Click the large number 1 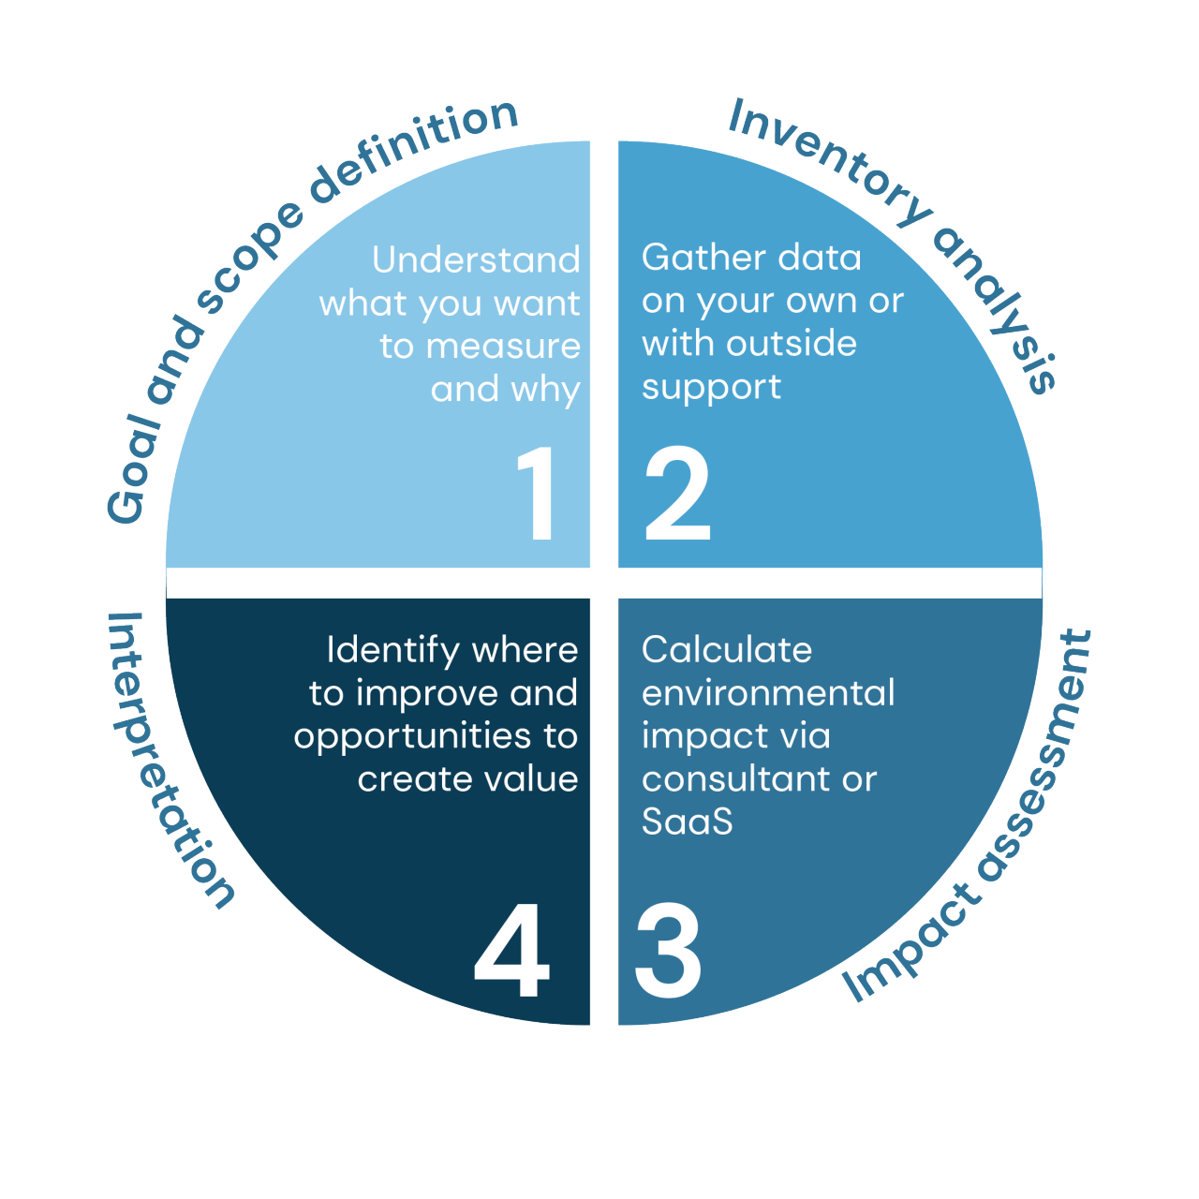point(538,493)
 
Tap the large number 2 point(677,493)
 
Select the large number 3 point(668,950)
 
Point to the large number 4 point(511,950)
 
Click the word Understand point(476,260)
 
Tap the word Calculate point(727,650)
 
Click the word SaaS point(688,822)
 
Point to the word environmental point(768,693)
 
